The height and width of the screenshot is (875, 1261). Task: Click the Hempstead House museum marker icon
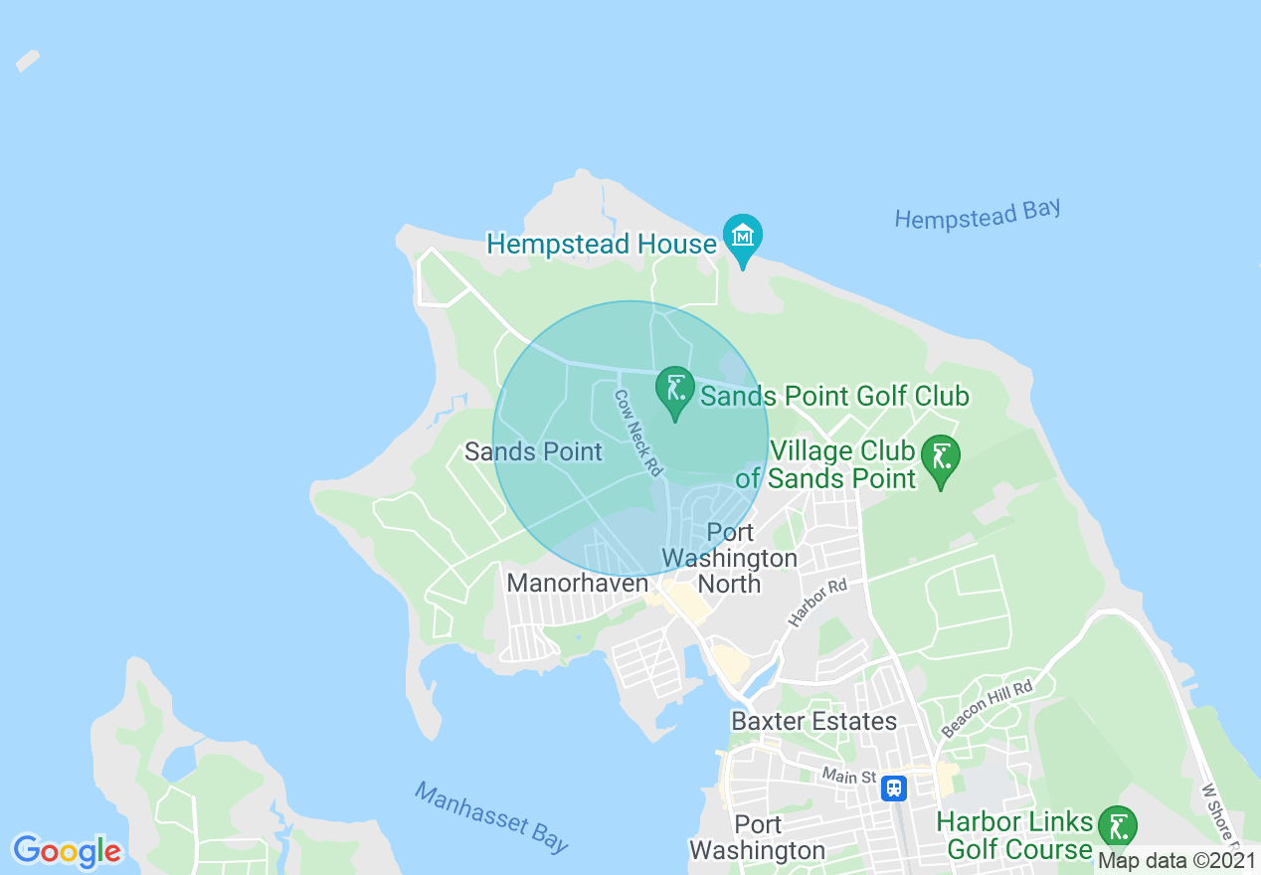(x=743, y=237)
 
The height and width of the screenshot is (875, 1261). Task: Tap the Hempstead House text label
(x=601, y=245)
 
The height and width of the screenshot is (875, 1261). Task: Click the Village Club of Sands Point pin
(x=941, y=458)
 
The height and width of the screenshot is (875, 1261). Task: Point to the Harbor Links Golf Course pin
(x=1119, y=828)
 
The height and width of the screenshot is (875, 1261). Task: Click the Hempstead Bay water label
(x=977, y=215)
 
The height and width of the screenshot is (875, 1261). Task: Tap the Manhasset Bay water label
(x=492, y=817)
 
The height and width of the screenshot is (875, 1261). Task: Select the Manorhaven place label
(x=577, y=583)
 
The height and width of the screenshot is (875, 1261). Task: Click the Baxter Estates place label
(x=813, y=721)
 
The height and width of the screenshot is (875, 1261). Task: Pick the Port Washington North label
(x=730, y=558)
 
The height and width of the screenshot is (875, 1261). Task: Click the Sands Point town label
(x=533, y=452)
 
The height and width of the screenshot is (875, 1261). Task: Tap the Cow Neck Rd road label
(x=637, y=433)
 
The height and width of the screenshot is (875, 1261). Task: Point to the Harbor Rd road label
(x=817, y=603)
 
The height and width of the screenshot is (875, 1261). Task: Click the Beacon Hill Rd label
(x=987, y=708)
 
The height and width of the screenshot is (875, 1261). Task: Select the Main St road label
(x=848, y=776)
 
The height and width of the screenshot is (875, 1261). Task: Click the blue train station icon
(x=894, y=788)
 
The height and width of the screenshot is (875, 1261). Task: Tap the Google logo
(x=67, y=850)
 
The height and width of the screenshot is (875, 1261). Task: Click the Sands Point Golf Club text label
(x=834, y=397)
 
